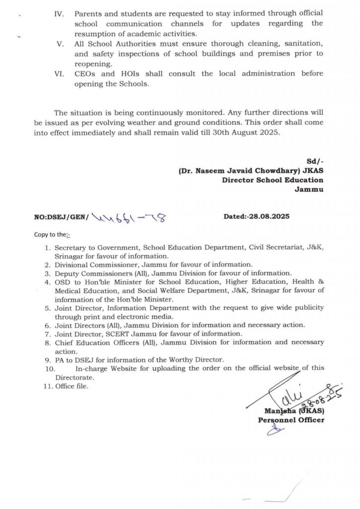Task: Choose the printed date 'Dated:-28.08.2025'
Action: (257, 217)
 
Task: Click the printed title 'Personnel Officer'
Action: (291, 420)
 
